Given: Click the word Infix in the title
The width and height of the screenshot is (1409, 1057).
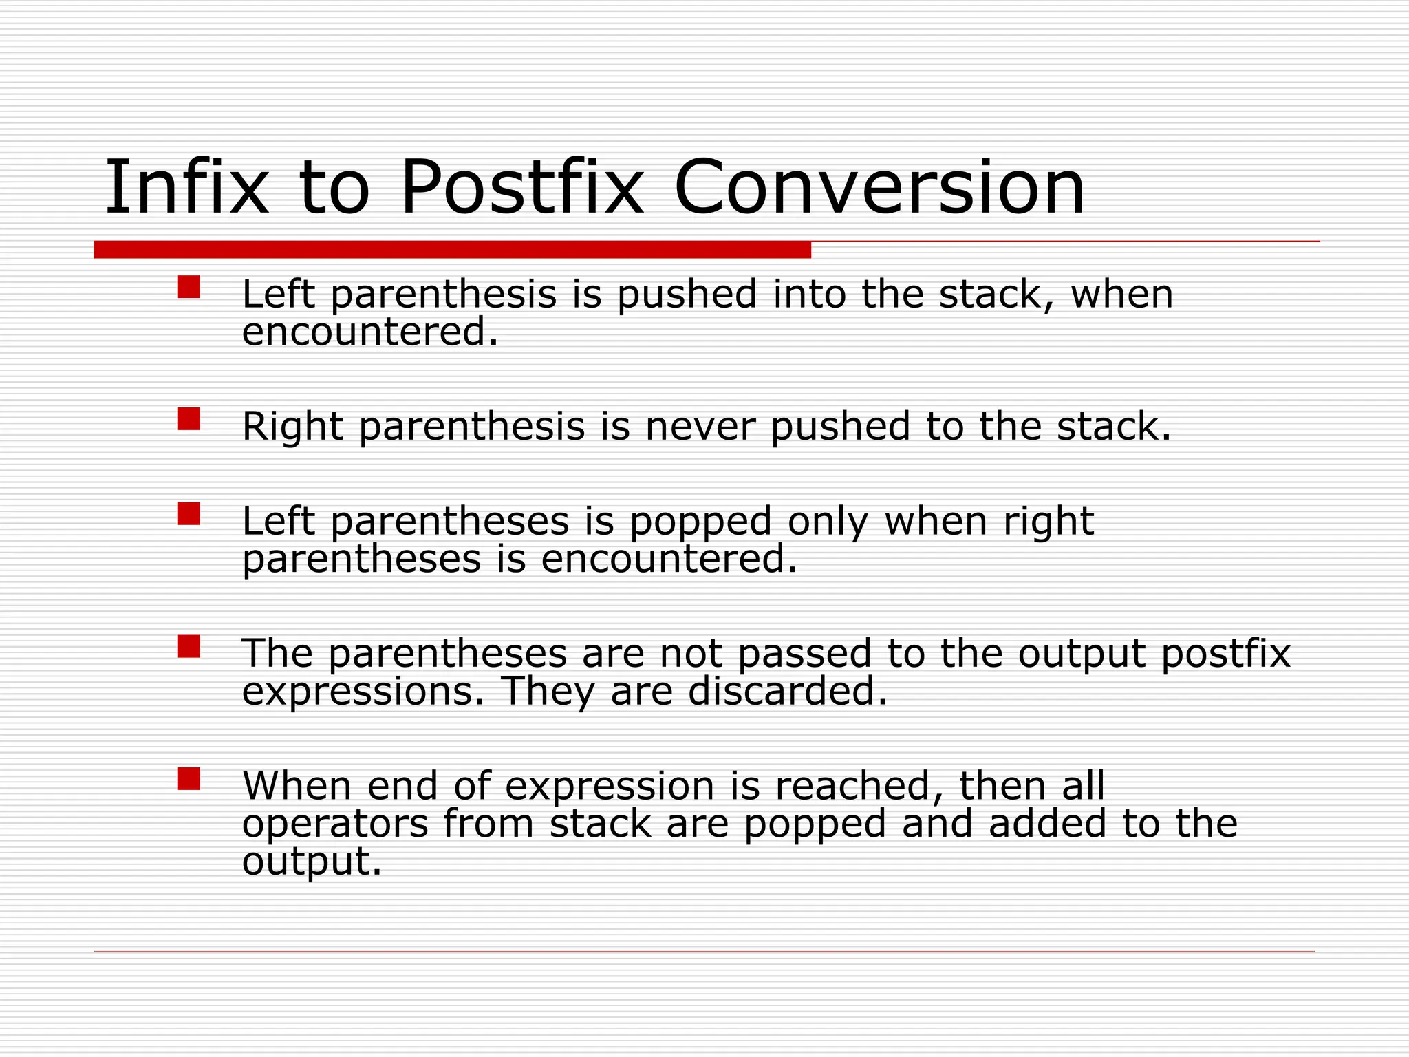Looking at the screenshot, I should point(186,187).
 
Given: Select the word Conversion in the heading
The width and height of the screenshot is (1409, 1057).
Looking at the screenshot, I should point(879,187).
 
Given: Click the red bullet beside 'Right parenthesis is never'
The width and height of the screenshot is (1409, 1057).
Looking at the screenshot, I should point(189,418).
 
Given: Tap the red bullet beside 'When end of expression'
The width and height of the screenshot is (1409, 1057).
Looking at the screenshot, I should point(189,778).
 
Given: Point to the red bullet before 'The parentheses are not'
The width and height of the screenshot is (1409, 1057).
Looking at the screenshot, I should point(189,646).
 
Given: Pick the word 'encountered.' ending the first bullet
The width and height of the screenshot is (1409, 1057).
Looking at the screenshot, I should point(369,332).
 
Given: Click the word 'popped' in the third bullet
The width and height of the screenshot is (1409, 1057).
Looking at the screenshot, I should point(700,523).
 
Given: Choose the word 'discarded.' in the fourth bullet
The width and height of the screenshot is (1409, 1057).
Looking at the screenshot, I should point(788,692).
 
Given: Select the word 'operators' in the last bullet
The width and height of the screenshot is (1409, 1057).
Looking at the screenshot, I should point(335,824).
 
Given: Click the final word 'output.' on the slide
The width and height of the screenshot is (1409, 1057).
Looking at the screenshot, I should point(311,862).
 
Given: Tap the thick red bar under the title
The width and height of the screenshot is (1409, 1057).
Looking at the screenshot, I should point(452,250).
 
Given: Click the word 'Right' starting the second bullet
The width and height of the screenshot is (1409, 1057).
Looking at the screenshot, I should point(292,428).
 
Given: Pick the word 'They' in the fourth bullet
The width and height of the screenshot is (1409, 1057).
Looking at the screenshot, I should point(548,692).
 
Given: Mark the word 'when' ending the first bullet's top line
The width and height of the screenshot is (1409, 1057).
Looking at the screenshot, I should point(1121,296).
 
